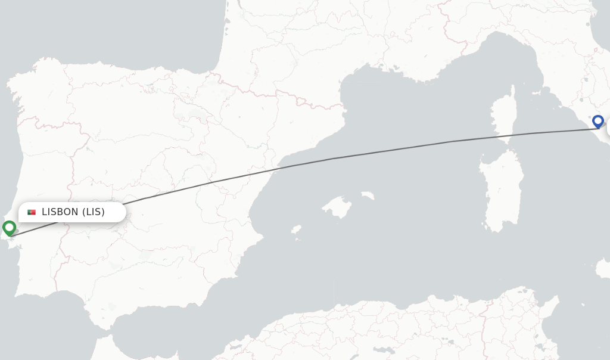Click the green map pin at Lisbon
[x=9, y=228]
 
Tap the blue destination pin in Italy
[x=598, y=121]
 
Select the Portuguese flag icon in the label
[x=32, y=212]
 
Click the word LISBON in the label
[x=60, y=212]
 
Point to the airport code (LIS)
[x=93, y=212]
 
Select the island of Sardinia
[x=502, y=191]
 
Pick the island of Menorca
[x=368, y=195]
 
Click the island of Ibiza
[x=296, y=229]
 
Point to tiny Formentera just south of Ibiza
[x=297, y=239]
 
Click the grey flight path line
[x=334, y=159]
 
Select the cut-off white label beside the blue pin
[x=608, y=128]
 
